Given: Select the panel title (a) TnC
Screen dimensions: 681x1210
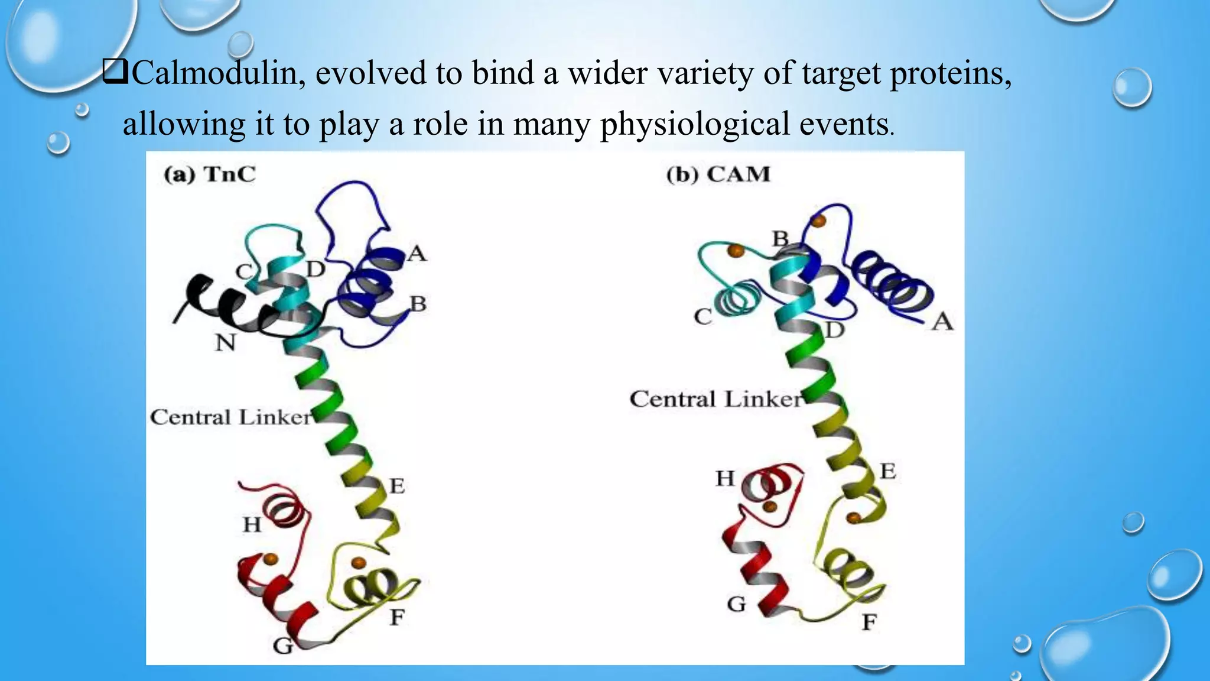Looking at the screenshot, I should tap(210, 175).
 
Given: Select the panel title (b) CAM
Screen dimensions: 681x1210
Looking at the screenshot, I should tap(718, 175).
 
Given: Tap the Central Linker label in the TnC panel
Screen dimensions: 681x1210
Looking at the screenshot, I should tap(230, 417).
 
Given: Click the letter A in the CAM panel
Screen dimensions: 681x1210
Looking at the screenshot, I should tap(942, 322).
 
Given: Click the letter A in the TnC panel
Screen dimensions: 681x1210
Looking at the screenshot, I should tap(417, 254).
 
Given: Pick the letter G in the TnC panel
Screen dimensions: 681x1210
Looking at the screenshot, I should tap(282, 646).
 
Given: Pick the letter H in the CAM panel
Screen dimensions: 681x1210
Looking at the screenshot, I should tap(725, 478).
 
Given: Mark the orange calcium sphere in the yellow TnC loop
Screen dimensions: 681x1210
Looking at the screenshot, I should tap(358, 562).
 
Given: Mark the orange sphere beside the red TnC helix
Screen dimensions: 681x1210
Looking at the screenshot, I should tap(270, 558).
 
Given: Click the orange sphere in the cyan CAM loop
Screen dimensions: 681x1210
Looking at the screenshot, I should tap(736, 251).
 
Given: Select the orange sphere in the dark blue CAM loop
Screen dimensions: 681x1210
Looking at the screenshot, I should tap(818, 221).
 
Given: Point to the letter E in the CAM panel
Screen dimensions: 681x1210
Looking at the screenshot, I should tap(888, 472).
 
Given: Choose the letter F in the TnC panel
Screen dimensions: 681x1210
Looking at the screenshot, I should tap(397, 618).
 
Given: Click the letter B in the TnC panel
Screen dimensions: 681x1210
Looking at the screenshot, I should tap(418, 304).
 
